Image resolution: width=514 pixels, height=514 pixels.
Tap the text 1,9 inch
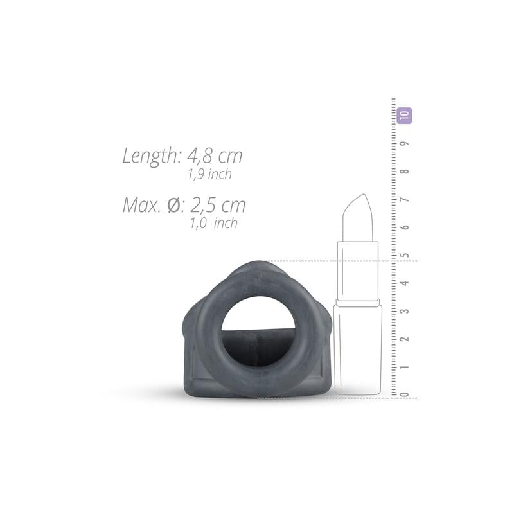[x=210, y=174]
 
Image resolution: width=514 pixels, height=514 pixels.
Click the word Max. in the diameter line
[x=141, y=206]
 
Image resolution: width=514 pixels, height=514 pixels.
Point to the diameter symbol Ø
[x=173, y=206]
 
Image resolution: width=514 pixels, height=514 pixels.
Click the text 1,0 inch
[x=214, y=223]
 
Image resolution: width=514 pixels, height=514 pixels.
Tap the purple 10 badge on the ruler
[x=404, y=116]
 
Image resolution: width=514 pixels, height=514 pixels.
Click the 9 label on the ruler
[x=405, y=143]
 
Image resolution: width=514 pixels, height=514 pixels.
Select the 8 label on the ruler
[x=405, y=172]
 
